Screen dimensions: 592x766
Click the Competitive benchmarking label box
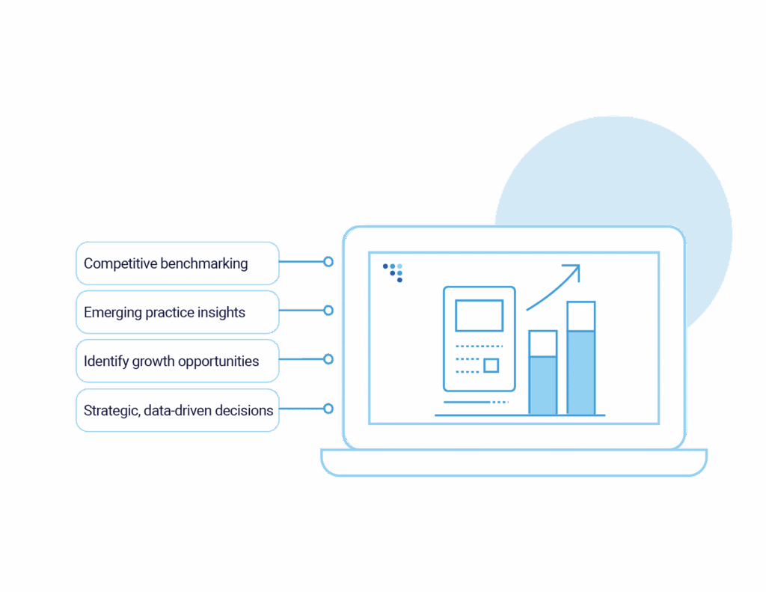tap(177, 263)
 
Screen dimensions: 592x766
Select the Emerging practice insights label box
tap(177, 312)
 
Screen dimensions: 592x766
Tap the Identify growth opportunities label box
tap(177, 361)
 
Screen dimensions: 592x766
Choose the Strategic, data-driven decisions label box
tap(177, 410)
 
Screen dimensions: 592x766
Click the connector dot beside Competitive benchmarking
tap(328, 262)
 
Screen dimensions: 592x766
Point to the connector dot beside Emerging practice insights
tap(328, 310)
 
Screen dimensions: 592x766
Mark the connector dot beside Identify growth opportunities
tap(328, 359)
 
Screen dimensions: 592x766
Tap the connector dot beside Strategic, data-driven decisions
tap(328, 409)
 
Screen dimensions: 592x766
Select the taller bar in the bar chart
tap(580, 359)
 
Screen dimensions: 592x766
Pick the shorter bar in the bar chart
tap(543, 374)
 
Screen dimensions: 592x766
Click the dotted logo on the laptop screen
tap(393, 271)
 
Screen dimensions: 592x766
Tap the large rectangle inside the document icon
tap(479, 315)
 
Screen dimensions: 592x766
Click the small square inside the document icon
tap(491, 365)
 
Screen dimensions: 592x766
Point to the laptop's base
tap(513, 461)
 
